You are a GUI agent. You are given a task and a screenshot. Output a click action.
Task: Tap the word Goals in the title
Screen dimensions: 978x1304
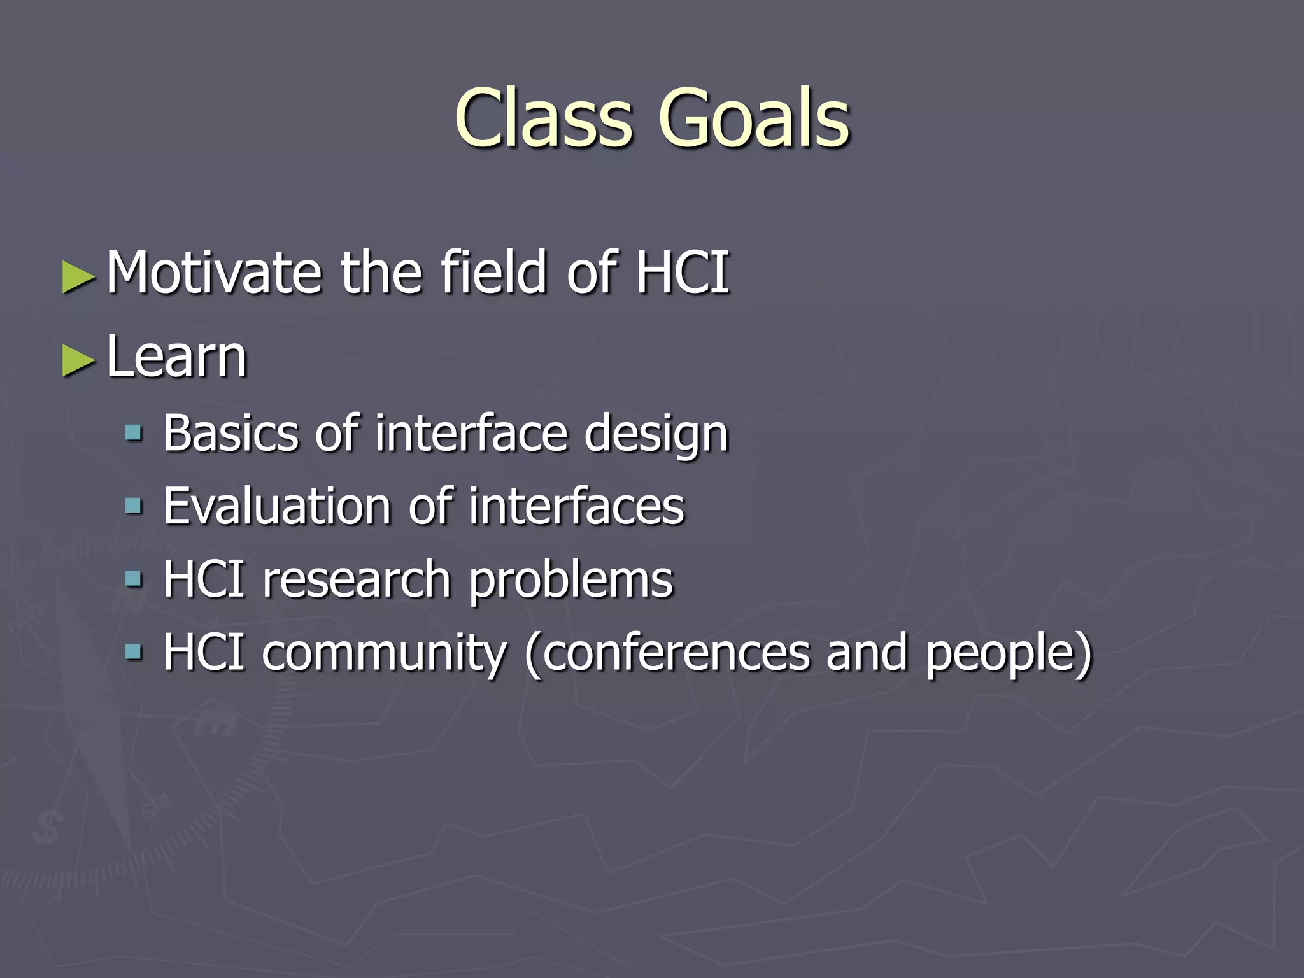[x=754, y=119]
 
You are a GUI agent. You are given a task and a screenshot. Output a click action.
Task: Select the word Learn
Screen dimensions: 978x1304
[x=176, y=357]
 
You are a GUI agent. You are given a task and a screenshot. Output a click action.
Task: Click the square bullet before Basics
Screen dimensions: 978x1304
[x=133, y=434]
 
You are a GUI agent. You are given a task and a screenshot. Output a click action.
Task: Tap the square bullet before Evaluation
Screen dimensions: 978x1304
[x=133, y=507]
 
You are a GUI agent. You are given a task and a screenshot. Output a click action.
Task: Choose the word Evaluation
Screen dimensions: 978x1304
[x=276, y=507]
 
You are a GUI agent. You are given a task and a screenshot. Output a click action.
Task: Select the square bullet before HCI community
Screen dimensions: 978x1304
[x=133, y=652]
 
